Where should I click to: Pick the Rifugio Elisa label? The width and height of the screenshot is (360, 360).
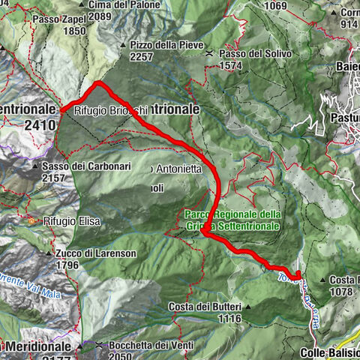coord(72,221)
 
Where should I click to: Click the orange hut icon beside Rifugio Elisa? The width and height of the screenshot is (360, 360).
coord(32,221)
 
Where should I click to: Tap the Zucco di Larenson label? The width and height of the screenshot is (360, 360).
coord(95,253)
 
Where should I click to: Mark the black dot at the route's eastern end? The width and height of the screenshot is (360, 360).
coord(298,276)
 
